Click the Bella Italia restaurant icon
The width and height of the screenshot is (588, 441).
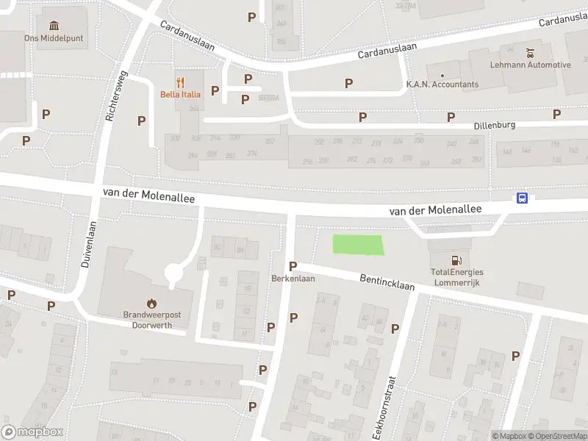tap(180, 82)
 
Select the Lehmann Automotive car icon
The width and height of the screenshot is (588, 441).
tap(530, 52)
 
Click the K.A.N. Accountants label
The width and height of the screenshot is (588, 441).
tap(442, 85)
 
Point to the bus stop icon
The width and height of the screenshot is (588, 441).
tap(522, 198)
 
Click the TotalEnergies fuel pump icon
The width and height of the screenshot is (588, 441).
tap(456, 259)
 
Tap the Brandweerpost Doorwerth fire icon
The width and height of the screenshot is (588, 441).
tap(151, 303)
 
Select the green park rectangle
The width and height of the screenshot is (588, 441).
tap(359, 245)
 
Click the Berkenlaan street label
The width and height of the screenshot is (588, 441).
tap(293, 279)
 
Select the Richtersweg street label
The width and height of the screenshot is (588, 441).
tap(116, 95)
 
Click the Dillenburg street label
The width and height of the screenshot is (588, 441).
tap(495, 125)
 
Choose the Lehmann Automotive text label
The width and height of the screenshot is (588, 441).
tap(530, 65)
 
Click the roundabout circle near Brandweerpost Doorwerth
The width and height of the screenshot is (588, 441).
tap(173, 273)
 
